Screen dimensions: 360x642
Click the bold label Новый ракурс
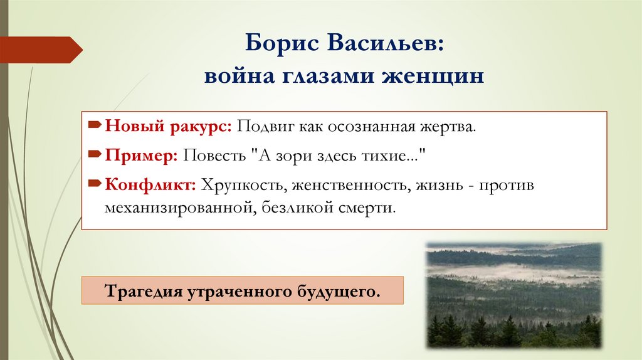tap(169, 127)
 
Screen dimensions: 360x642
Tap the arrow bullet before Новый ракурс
tap(95, 127)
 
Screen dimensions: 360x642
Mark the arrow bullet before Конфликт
tap(95, 184)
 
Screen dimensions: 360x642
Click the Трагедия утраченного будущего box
tap(243, 292)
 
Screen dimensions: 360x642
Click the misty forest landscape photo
tap(513, 295)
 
